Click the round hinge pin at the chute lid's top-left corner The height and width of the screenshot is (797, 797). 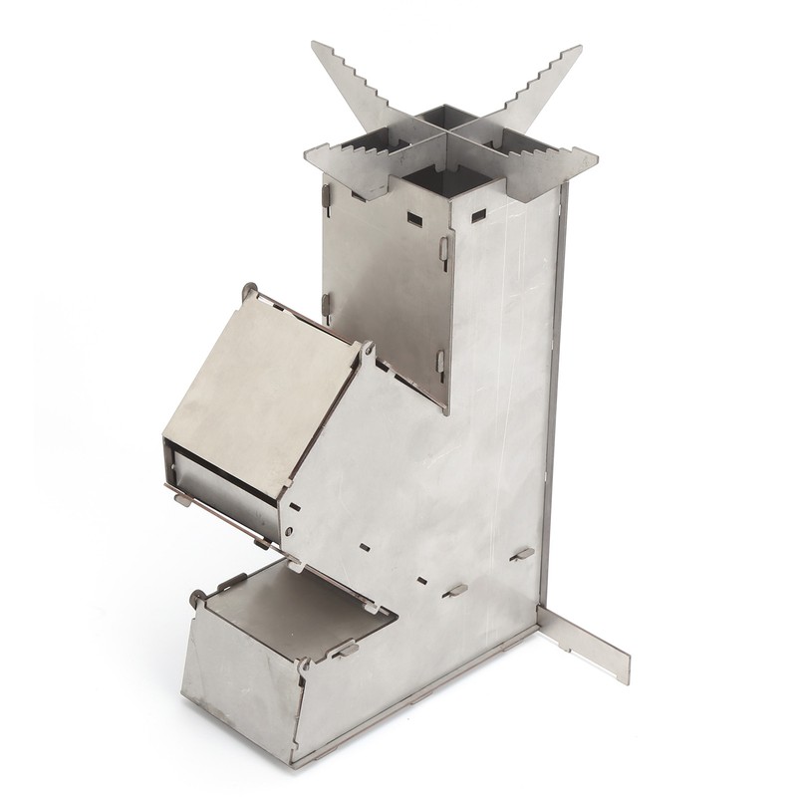pyautogui.click(x=249, y=290)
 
